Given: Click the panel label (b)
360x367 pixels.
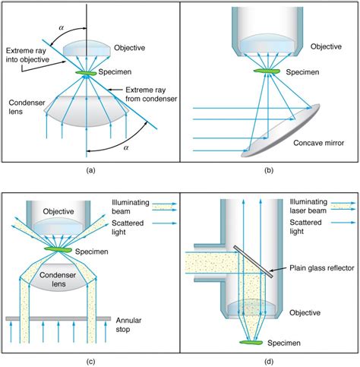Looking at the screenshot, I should click(x=269, y=171).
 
